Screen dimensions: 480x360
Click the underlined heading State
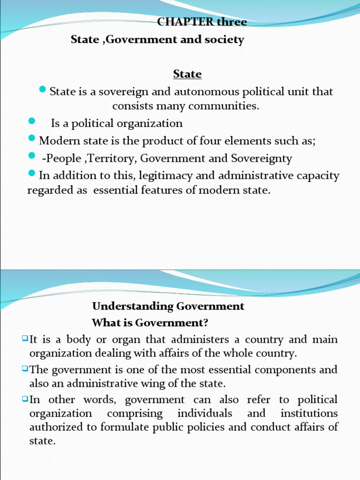pos(187,74)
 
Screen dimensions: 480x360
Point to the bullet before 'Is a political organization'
pos(32,121)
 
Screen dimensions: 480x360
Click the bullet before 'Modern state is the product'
pos(32,138)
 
